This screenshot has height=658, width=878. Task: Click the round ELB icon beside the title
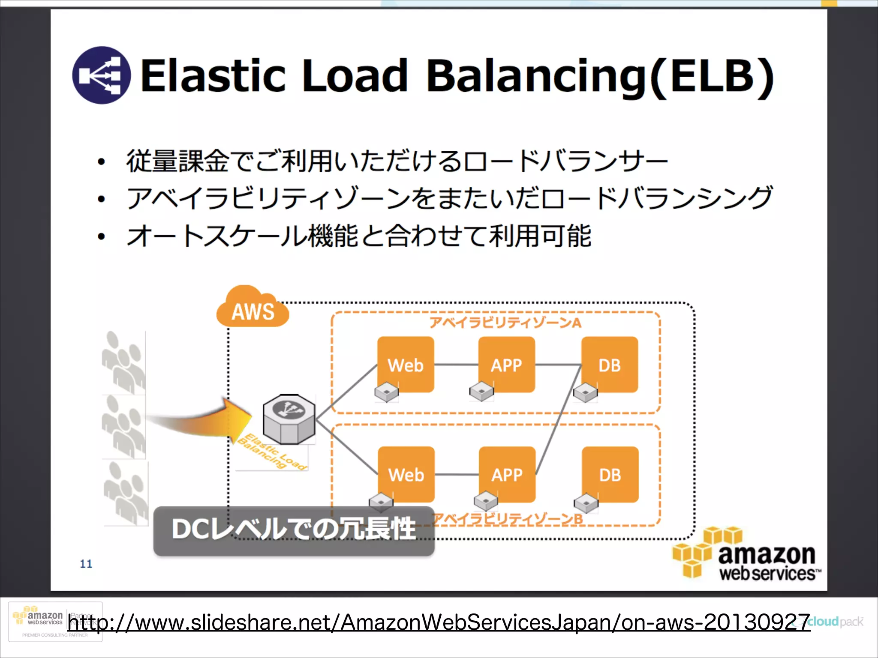tap(102, 75)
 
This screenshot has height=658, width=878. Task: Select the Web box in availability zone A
tap(406, 364)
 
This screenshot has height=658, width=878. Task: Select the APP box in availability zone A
tap(506, 364)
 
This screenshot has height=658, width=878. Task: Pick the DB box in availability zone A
tap(609, 364)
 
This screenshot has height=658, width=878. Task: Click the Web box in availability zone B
tap(406, 474)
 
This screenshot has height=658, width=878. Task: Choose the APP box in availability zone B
tap(507, 474)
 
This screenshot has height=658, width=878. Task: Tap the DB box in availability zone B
tap(610, 474)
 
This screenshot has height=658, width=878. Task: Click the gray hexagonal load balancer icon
tap(289, 419)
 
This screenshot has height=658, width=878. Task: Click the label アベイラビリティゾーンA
tap(505, 323)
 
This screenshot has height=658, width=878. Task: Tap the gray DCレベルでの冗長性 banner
tap(294, 530)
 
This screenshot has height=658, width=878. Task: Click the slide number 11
tap(86, 564)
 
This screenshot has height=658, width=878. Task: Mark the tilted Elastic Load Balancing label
tap(272, 452)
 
